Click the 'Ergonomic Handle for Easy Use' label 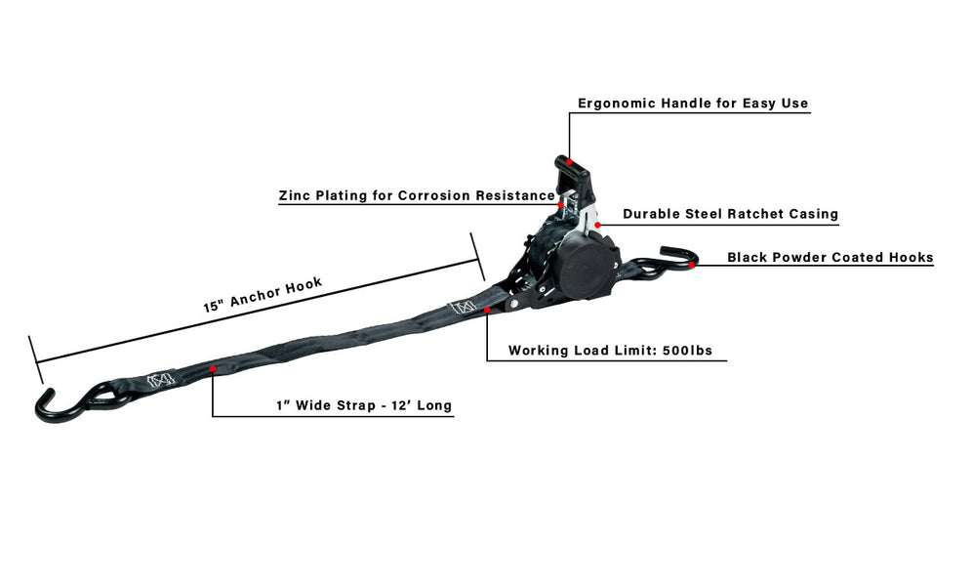pos(693,104)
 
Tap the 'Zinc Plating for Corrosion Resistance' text pos(417,196)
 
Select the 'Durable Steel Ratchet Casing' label pos(730,214)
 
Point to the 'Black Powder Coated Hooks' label pos(830,257)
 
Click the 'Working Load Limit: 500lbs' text pos(610,351)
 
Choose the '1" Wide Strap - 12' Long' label pos(364,405)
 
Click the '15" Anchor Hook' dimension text pos(263,295)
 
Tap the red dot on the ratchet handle pos(569,162)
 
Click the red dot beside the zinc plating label pos(560,204)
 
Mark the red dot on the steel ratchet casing pos(597,225)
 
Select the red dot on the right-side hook pos(692,265)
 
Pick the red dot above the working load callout pos(487,310)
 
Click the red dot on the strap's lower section pos(213,369)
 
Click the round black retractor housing pos(586,266)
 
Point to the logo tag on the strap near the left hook pos(161,380)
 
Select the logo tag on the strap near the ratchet pos(462,307)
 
